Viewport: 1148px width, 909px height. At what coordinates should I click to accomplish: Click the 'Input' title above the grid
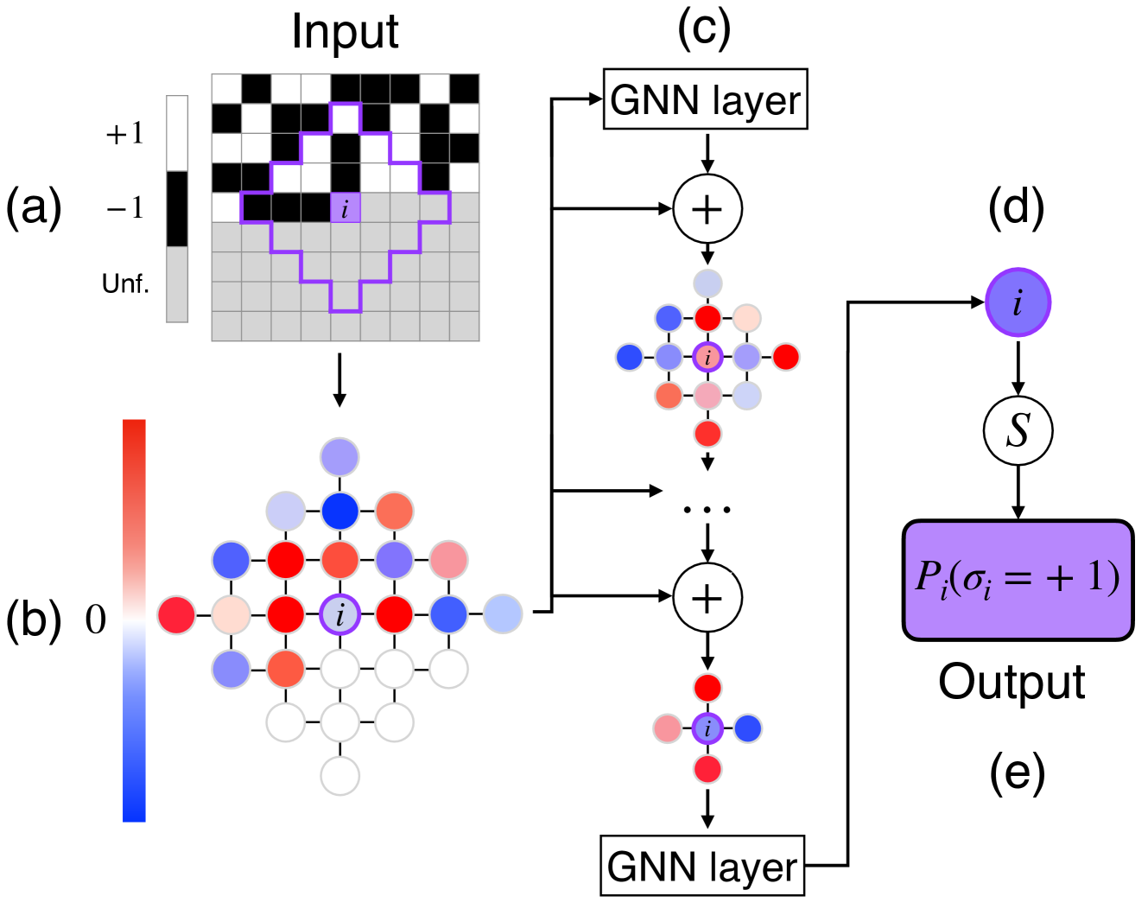coord(345,33)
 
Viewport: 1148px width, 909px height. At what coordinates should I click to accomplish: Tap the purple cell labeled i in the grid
coord(346,208)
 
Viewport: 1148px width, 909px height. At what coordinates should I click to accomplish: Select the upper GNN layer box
coord(705,99)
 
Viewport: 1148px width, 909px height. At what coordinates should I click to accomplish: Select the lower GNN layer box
coord(702,866)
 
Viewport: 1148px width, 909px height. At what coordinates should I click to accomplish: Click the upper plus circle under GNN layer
coord(707,209)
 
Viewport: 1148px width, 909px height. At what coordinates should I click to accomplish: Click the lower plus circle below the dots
coord(707,597)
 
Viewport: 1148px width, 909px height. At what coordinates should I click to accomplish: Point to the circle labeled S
coord(1018,430)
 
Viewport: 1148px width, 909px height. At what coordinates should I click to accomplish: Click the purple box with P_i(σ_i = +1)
coord(1018,580)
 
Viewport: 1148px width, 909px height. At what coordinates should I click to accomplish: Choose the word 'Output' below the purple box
coord(1012,683)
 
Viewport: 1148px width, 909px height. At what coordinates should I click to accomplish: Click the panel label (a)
coord(34,208)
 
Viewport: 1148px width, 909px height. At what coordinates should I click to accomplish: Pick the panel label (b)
coord(34,620)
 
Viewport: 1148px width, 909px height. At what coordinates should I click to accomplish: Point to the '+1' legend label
coord(125,133)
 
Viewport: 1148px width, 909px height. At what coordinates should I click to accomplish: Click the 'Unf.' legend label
coord(125,283)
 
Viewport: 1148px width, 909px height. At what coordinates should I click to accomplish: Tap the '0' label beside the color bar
coord(96,620)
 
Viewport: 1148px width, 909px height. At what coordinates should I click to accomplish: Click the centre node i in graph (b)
coord(339,614)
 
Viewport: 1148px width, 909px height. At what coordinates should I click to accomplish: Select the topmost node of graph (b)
coord(339,455)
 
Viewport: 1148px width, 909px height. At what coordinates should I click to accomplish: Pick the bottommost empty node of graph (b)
coord(339,775)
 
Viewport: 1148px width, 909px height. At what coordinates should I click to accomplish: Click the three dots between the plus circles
coord(707,510)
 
